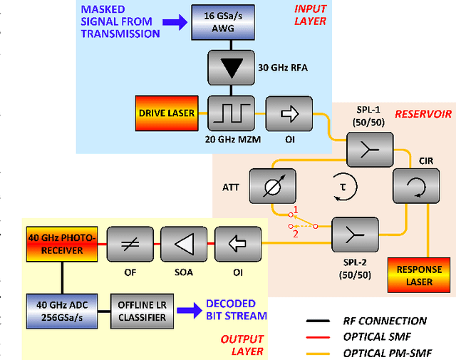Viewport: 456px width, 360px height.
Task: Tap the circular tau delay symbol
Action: (x=343, y=187)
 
